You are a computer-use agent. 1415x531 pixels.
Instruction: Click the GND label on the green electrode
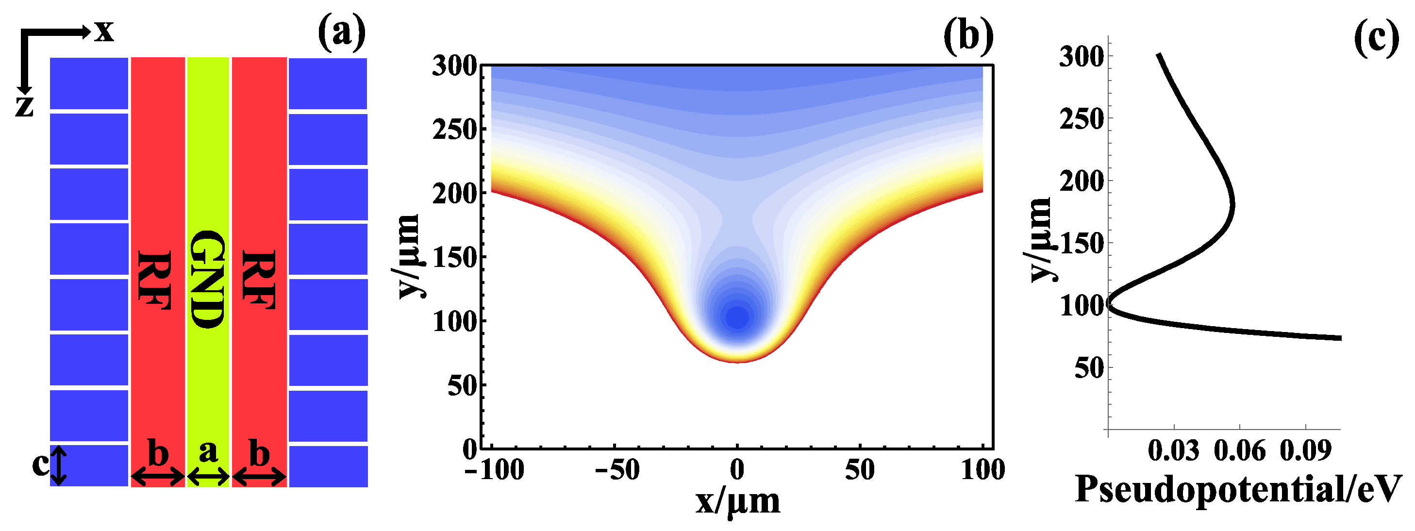[x=207, y=279]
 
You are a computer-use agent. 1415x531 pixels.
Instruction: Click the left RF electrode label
[x=154, y=280]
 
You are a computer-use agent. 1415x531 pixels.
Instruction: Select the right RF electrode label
[x=258, y=280]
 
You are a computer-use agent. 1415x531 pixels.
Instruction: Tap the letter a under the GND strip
[x=208, y=451]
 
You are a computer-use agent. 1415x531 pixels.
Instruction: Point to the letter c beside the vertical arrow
[x=39, y=465]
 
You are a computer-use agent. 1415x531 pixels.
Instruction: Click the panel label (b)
[x=968, y=36]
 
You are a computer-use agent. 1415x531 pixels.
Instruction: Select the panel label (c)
[x=1376, y=37]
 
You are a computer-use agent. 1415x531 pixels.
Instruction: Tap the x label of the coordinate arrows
[x=104, y=31]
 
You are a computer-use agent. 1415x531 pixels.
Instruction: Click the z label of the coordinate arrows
[x=24, y=105]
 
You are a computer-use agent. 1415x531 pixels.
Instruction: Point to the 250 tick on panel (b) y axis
[x=455, y=130]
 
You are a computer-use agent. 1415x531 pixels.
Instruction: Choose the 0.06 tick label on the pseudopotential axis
[x=1239, y=451]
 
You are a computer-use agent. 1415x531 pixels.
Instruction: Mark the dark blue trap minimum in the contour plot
[x=738, y=317]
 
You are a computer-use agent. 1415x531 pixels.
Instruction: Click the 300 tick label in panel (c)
[x=1081, y=57]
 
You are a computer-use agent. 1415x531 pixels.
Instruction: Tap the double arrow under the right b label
[x=259, y=477]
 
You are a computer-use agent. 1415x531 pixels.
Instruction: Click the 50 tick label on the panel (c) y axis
[x=1089, y=368]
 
